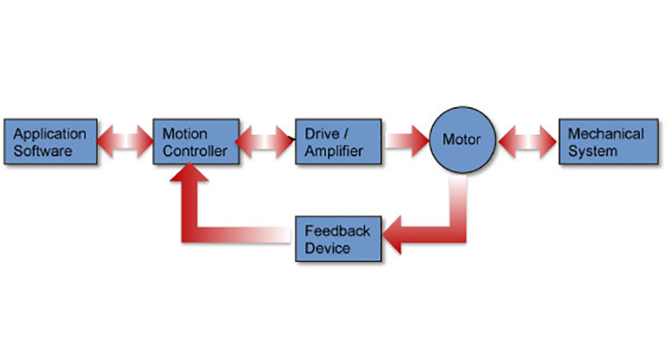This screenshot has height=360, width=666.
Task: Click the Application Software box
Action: click(49, 141)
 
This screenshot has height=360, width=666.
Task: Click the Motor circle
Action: click(462, 140)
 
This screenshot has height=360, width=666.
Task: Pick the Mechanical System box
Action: click(605, 141)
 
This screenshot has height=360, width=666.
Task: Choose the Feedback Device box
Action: click(339, 239)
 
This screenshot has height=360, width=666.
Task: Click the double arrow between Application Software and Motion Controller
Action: click(121, 141)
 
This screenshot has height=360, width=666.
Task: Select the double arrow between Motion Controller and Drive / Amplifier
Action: click(267, 141)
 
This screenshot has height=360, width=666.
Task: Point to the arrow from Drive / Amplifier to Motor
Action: click(406, 141)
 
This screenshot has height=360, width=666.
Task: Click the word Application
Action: click(49, 133)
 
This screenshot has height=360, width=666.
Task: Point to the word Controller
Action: click(195, 150)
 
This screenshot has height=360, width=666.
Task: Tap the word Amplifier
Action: click(334, 150)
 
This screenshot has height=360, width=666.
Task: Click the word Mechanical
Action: click(606, 133)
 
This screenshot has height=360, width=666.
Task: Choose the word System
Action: click(594, 150)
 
